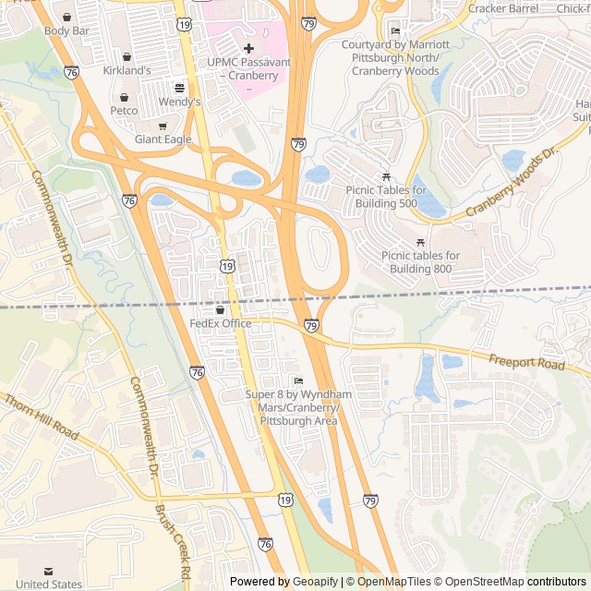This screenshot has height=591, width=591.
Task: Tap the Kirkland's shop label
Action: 127,70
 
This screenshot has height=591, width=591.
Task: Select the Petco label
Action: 124,111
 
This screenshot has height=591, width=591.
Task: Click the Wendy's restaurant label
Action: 179,102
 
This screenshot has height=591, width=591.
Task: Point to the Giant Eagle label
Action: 163,139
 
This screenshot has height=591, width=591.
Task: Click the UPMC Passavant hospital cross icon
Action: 248,46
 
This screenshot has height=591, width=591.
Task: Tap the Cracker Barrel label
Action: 502,8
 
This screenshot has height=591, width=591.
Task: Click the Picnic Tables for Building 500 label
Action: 386,197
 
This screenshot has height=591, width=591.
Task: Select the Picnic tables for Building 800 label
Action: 420,262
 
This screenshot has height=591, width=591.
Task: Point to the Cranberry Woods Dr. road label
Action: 513,182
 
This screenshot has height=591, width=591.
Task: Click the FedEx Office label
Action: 221,323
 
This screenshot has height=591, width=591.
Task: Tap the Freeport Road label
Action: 526,364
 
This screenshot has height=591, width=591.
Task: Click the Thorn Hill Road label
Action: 42,416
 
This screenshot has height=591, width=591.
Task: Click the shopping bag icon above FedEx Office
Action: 220,309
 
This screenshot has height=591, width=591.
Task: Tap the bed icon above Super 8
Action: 297,380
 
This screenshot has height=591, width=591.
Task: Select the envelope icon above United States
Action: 48,572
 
